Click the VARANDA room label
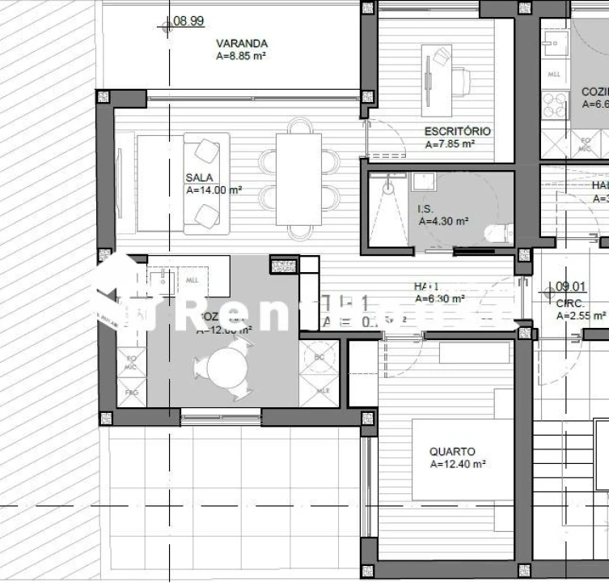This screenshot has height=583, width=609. tap(241, 44)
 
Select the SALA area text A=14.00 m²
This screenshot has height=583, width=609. tap(214, 191)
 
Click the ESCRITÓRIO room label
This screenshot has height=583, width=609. tap(457, 131)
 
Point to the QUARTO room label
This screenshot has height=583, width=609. tap(452, 452)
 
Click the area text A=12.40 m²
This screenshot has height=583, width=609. tap(458, 465)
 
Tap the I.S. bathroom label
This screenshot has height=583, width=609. tap(425, 209)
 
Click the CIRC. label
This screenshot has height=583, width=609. tap(571, 303)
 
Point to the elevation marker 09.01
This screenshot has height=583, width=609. tap(571, 286)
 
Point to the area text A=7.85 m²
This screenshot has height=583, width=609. tap(450, 144)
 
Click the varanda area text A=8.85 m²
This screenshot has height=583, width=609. tap(242, 57)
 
